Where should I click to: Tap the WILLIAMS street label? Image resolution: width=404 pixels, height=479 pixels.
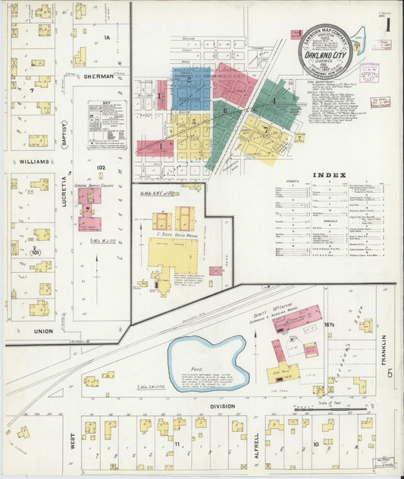30,161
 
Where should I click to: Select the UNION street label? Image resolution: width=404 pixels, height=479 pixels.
43,331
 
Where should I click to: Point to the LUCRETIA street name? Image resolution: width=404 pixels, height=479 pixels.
65,191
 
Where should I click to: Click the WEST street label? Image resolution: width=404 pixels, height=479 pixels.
74,442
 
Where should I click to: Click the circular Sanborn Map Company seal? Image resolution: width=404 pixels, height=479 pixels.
324,52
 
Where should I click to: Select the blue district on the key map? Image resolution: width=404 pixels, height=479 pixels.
191,89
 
